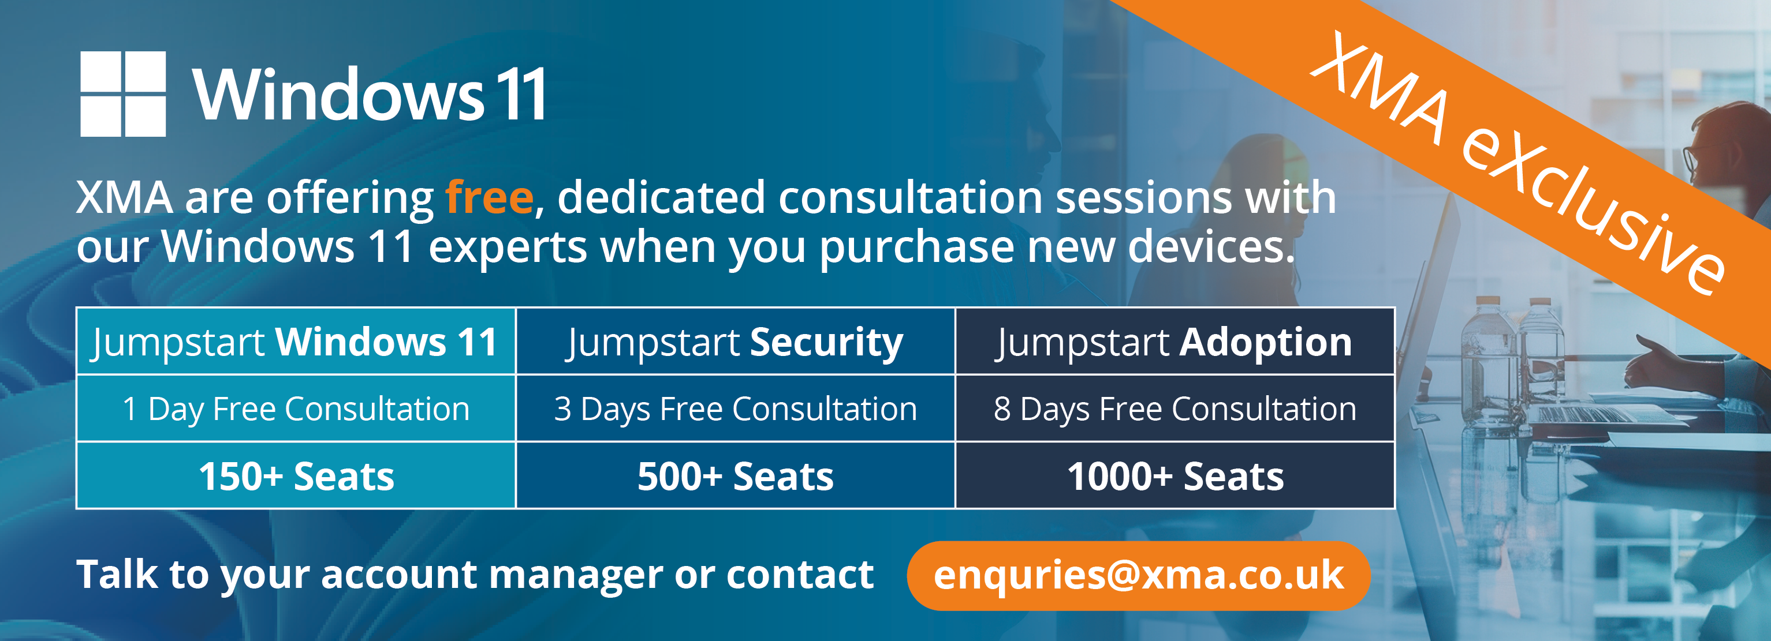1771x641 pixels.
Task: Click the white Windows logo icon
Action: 123,94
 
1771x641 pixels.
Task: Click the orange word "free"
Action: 490,198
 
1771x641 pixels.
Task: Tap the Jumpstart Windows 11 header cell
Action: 296,342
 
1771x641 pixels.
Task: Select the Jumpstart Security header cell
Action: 735,342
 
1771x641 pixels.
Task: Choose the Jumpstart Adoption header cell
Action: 1175,342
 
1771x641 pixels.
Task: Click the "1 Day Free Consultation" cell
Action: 296,408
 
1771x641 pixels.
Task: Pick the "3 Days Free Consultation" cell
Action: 735,408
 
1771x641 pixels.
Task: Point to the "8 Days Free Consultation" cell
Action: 1175,408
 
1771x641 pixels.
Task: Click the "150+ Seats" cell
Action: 296,475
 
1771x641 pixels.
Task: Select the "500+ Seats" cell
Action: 735,475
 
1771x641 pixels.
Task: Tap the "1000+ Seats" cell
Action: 1175,475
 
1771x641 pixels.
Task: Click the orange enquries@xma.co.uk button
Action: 1139,576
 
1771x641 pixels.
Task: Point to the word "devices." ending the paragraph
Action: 1211,246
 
